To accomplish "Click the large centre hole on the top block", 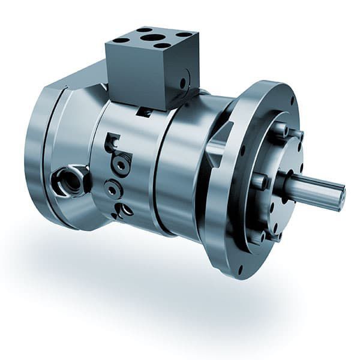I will pos(153,37).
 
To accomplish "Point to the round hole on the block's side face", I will pos(183,82).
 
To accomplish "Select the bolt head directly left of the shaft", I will pos(259,181).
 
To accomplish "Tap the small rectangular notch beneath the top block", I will pos(143,112).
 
